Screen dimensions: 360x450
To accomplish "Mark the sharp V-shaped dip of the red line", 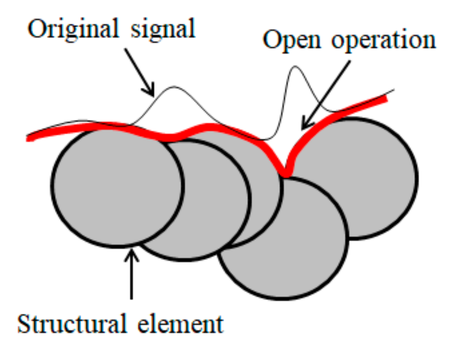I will [286, 173].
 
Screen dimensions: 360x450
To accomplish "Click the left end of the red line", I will [28, 138].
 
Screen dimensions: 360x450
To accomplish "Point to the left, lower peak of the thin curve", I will [173, 88].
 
